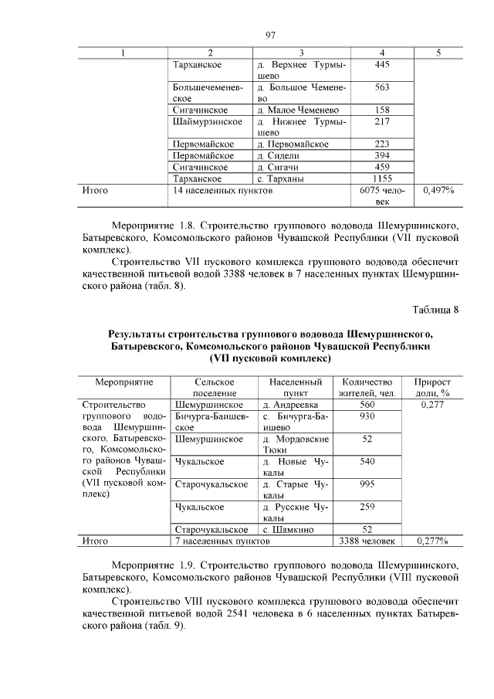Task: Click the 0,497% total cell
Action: [x=438, y=190]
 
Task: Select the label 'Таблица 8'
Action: [x=435, y=310]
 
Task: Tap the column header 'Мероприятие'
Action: [x=124, y=382]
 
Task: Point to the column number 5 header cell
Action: [x=438, y=53]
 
